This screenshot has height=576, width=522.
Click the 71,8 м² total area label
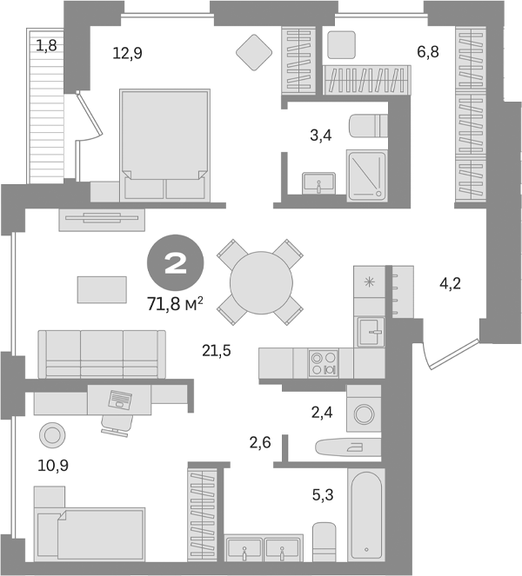tap(176, 304)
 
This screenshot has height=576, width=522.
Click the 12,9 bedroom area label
tap(127, 53)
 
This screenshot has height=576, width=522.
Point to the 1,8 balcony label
tap(46, 44)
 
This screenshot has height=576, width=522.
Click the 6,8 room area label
tap(427, 53)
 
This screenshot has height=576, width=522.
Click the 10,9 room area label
tap(53, 466)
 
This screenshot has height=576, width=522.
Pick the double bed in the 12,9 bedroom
tap(164, 143)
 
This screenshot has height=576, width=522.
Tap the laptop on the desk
tap(119, 400)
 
